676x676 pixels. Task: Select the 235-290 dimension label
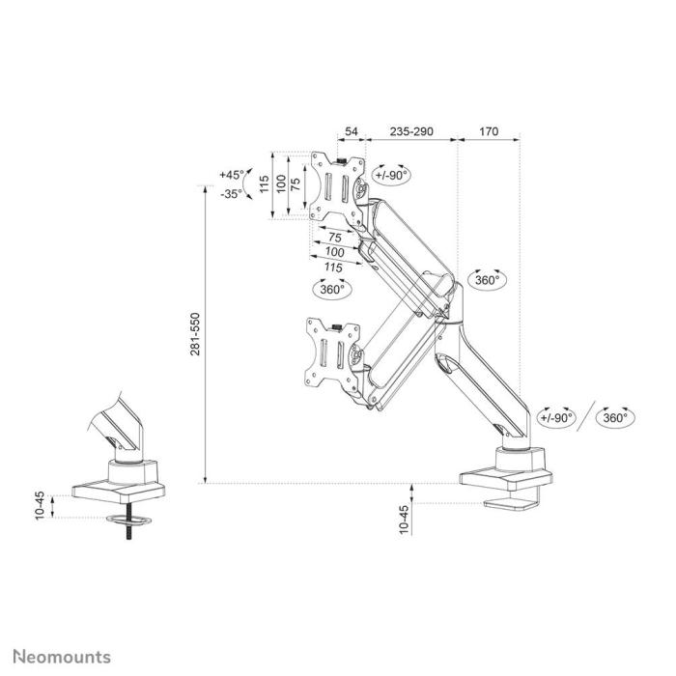point(410,131)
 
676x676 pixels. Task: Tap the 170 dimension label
point(489,131)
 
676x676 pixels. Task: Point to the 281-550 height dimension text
point(195,334)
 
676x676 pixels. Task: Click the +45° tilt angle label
point(231,175)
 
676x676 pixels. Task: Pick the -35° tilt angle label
point(231,193)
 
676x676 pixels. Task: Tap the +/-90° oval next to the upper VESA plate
point(391,174)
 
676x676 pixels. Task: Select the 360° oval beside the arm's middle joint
point(487,279)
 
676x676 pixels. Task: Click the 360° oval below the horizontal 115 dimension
point(331,288)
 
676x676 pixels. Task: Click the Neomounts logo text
point(61,658)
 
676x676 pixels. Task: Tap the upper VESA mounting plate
point(338,184)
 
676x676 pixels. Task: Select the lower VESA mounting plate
point(334,352)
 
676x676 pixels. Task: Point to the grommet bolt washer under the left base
point(127,523)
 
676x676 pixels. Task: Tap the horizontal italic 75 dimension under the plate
point(334,238)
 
